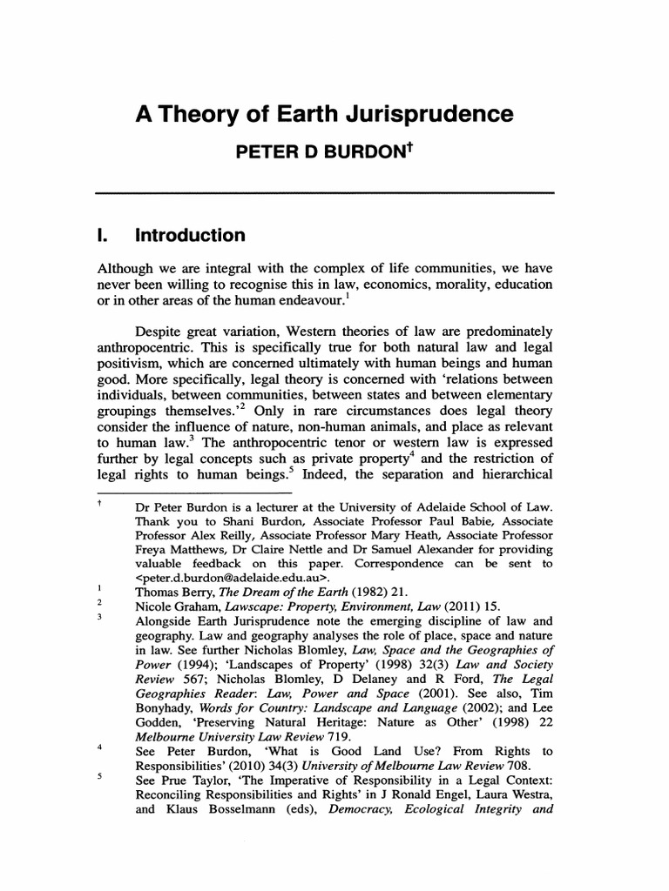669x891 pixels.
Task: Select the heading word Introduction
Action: point(190,236)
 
